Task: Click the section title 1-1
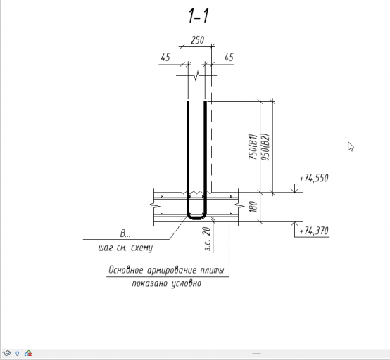point(199,16)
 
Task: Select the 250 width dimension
point(198,40)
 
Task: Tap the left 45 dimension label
point(165,58)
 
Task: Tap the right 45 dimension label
point(229,58)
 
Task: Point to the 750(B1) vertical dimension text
point(253,147)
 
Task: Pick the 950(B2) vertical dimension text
point(265,147)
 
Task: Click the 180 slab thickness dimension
point(253,207)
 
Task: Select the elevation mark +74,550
point(314,178)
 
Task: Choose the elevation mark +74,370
point(314,231)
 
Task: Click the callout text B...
point(125,233)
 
